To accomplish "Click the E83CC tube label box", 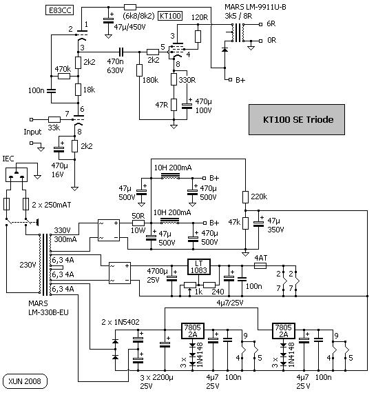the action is (x=60, y=10).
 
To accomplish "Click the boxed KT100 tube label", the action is (x=170, y=16).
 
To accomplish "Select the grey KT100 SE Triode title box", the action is (x=297, y=119).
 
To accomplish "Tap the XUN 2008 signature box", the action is (x=25, y=381).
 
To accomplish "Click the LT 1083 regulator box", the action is (x=199, y=267).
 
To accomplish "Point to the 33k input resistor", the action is (x=54, y=119).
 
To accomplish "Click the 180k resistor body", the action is (x=139, y=70).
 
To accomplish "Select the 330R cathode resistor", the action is (x=174, y=79).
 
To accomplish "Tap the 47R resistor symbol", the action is (x=174, y=105).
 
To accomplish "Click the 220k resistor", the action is (x=245, y=197).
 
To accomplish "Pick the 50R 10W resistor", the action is (x=138, y=223).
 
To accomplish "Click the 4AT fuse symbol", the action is (x=260, y=265).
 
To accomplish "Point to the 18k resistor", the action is (x=78, y=90).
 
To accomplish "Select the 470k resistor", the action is (x=64, y=77).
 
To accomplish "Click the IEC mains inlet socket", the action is (x=17, y=174).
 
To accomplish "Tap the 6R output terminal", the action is (x=260, y=24).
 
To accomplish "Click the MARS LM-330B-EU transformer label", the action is (x=48, y=308).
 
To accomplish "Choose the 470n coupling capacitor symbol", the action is (x=121, y=52).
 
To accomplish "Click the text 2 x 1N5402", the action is (x=121, y=322).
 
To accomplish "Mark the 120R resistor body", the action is (x=198, y=37).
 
